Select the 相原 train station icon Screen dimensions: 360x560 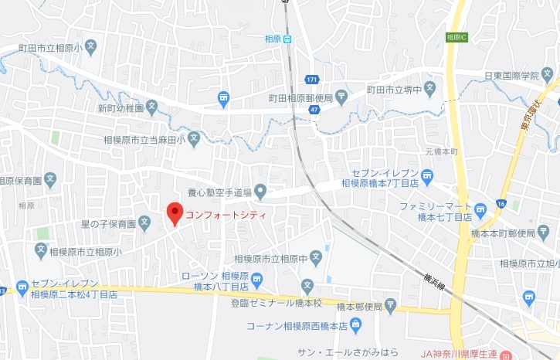[287, 39]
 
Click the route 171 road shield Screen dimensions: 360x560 [311, 80]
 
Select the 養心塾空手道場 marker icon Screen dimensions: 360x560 [260, 191]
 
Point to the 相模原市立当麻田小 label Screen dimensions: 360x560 [143, 140]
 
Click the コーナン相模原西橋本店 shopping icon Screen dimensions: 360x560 [354, 325]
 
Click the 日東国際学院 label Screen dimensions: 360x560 [511, 75]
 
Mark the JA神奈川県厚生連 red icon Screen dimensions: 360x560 [506, 356]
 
